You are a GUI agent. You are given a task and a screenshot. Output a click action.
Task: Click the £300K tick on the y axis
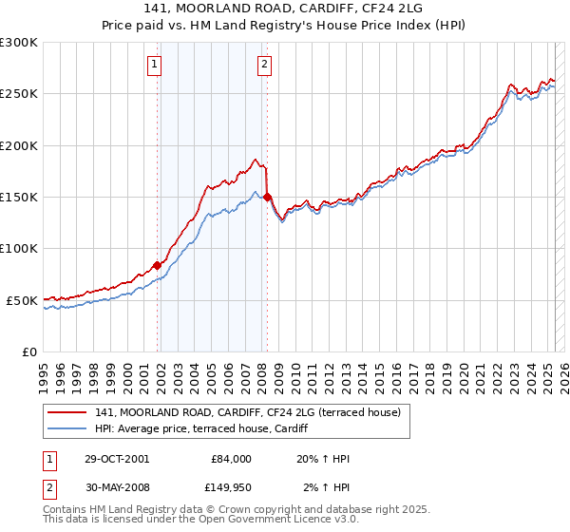(x=18, y=43)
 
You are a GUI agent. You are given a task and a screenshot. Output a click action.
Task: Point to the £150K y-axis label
(x=18, y=198)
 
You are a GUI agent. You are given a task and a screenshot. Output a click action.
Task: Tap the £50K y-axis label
(x=21, y=300)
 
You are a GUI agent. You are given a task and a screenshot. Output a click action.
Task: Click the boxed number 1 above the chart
(x=154, y=65)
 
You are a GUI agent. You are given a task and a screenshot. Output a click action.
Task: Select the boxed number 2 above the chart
(x=263, y=65)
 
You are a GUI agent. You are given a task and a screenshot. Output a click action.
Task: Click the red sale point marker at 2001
(x=157, y=265)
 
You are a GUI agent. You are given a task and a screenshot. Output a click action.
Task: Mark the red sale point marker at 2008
(x=267, y=198)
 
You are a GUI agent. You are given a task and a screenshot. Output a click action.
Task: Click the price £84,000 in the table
(x=230, y=459)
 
